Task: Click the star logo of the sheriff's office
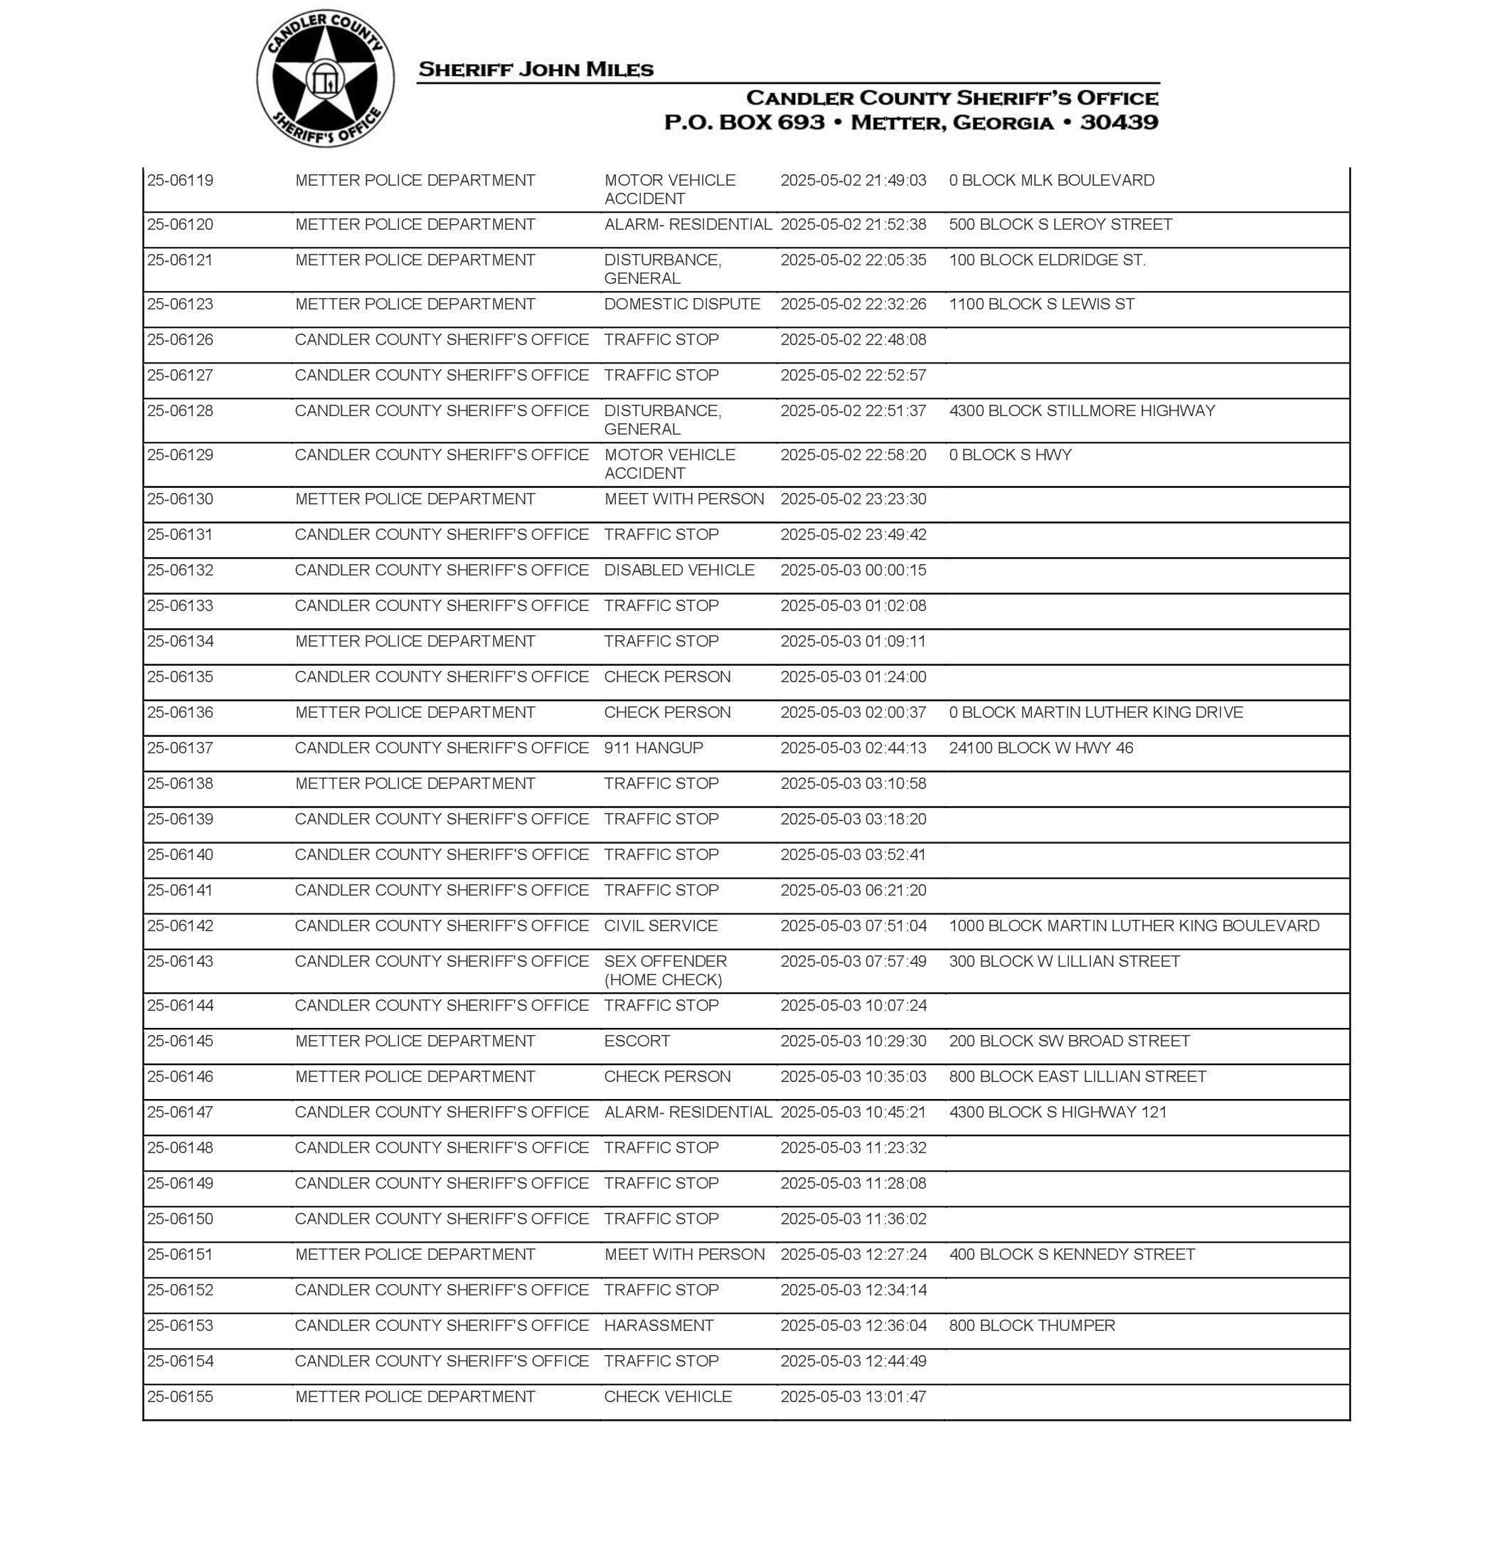click(x=325, y=79)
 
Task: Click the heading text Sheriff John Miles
click(x=536, y=70)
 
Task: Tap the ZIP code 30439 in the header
click(x=1119, y=122)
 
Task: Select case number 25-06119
click(x=181, y=181)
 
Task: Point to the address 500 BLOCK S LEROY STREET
click(x=1060, y=224)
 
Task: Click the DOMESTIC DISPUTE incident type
click(x=681, y=304)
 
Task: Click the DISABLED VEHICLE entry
click(x=678, y=570)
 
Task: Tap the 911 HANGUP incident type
click(x=653, y=748)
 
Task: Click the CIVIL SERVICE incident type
click(x=660, y=925)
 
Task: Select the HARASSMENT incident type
click(x=659, y=1325)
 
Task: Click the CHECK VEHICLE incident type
click(x=667, y=1396)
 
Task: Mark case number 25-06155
click(x=181, y=1396)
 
